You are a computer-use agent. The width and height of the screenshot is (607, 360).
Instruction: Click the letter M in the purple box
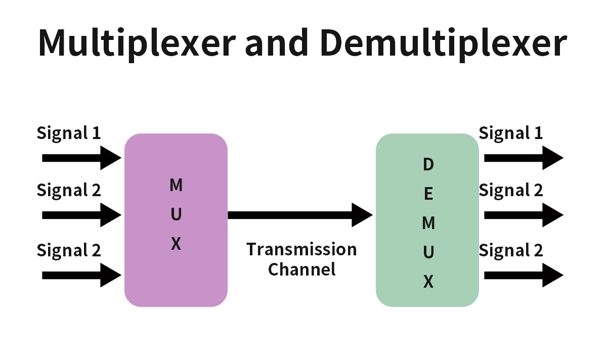point(176,186)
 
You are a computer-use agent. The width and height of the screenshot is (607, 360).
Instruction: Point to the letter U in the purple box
point(176,215)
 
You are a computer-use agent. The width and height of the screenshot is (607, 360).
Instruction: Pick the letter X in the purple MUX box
point(176,244)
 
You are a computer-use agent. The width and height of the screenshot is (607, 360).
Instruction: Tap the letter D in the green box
point(428,164)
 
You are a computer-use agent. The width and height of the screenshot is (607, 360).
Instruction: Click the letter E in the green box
point(428,194)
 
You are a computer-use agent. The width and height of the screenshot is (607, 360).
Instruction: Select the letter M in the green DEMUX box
point(428,223)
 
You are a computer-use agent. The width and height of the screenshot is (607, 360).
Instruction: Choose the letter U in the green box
point(428,252)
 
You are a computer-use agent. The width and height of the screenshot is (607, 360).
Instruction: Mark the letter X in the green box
point(428,282)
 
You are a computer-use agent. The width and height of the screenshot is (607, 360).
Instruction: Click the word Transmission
point(301,250)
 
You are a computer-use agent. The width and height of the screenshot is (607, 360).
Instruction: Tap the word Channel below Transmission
point(301,269)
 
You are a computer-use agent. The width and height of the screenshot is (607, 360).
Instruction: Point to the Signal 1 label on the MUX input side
point(69,133)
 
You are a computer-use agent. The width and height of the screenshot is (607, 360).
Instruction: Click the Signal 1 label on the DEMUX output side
point(510,133)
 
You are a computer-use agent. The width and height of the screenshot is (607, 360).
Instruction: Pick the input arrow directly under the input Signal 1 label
point(81,158)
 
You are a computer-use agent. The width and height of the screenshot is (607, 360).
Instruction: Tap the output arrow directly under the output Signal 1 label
point(523,158)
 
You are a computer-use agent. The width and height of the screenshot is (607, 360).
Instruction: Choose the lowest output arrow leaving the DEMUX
point(523,276)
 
